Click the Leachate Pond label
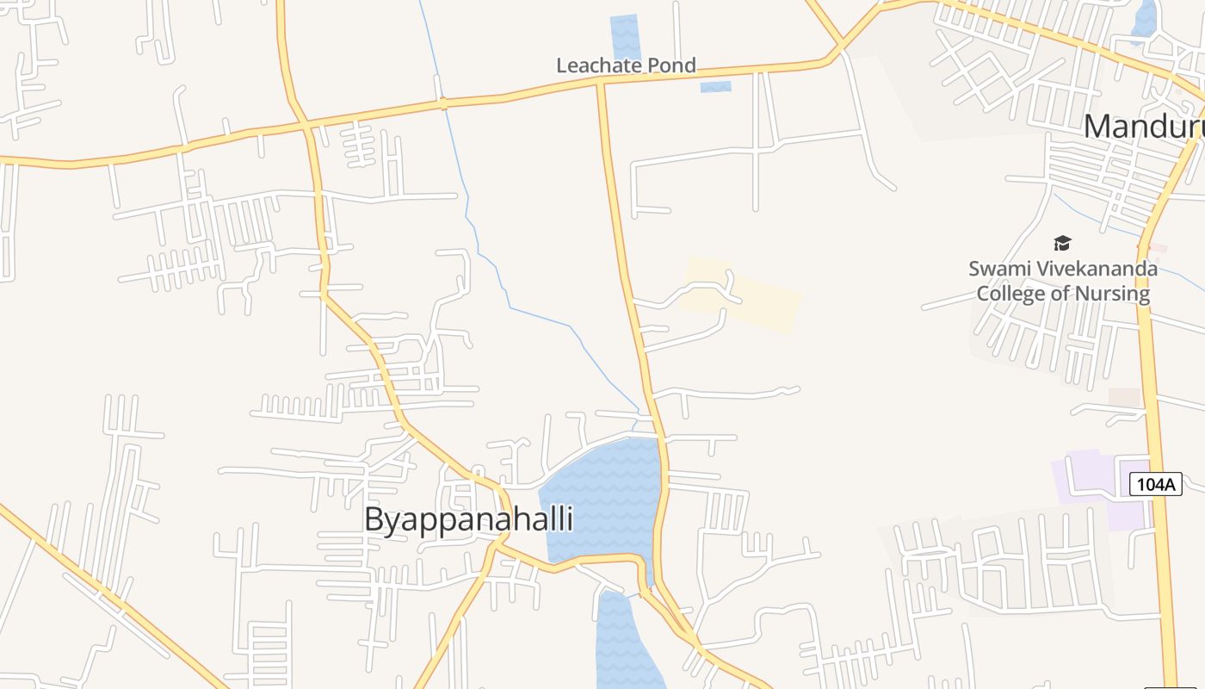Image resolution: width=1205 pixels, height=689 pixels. point(626,65)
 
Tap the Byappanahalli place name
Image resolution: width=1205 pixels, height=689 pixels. point(468,520)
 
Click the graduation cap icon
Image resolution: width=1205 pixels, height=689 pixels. point(1062,244)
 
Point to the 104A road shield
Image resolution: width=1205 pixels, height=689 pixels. point(1156,484)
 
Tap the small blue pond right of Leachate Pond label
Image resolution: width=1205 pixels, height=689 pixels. point(715,87)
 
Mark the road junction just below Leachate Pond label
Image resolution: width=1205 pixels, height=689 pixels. point(601,82)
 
